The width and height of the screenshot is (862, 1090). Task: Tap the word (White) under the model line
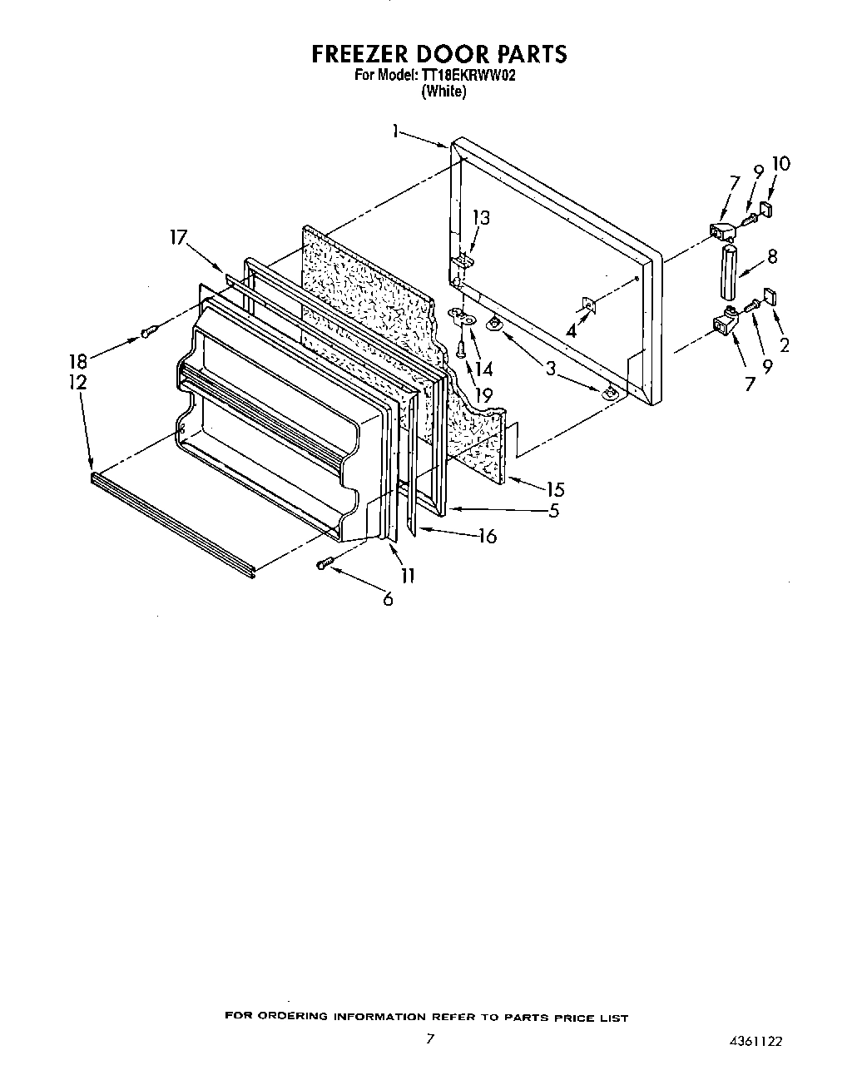click(x=443, y=92)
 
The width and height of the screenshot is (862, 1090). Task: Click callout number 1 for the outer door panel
click(x=397, y=131)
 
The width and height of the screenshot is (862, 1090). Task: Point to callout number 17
click(x=178, y=237)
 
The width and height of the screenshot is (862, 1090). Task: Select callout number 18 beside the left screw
click(x=77, y=362)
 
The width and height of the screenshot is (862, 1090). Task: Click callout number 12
click(x=77, y=382)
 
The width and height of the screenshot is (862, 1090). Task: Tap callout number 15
click(x=555, y=490)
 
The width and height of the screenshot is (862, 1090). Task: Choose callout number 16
click(x=488, y=537)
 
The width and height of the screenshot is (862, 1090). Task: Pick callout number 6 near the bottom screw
click(x=388, y=597)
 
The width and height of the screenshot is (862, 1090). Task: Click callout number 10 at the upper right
click(x=780, y=164)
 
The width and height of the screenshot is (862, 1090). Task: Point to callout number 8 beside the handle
click(x=772, y=257)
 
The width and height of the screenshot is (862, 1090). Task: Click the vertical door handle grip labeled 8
click(x=729, y=271)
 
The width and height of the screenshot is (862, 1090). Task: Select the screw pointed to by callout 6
click(x=325, y=564)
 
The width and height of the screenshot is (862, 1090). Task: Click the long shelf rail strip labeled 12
click(x=171, y=524)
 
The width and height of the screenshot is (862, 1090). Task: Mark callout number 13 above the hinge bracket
click(x=481, y=218)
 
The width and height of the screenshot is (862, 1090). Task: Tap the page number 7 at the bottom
click(x=429, y=1038)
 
